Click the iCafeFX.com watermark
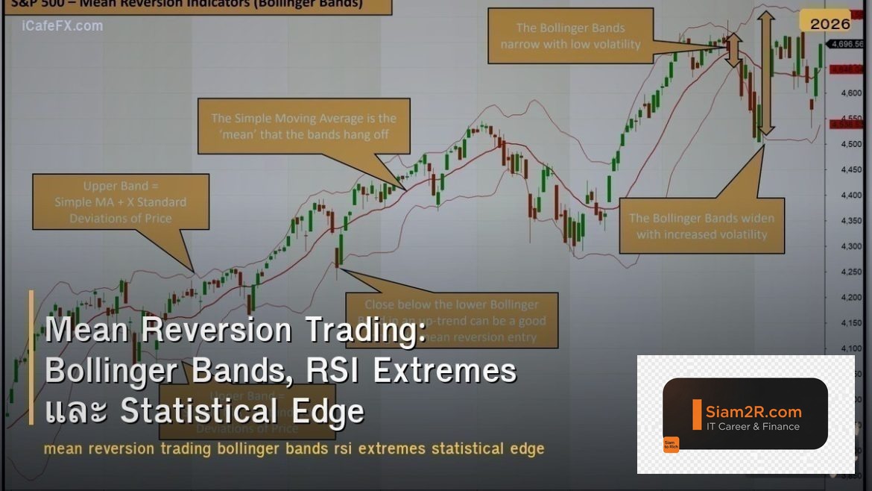click(63, 26)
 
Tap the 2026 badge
click(830, 24)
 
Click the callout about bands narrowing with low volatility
click(570, 36)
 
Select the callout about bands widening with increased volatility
click(701, 226)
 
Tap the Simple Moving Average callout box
click(303, 126)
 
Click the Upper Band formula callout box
click(121, 202)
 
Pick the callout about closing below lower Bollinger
click(452, 320)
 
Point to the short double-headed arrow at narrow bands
click(734, 51)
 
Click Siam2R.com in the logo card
click(753, 411)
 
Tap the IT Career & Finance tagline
click(753, 427)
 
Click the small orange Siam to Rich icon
click(671, 445)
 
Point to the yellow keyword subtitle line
click(294, 449)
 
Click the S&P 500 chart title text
click(186, 4)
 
